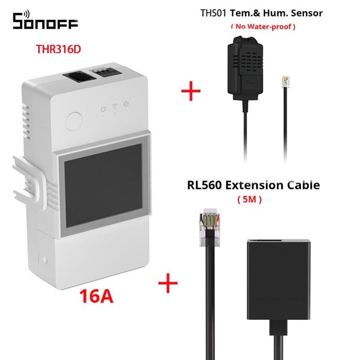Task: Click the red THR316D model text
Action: [x=59, y=49]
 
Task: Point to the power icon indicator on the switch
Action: [x=103, y=109]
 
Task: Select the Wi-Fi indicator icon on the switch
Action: [x=115, y=109]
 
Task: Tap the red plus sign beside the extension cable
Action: [x=167, y=283]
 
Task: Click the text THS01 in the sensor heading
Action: [x=213, y=13]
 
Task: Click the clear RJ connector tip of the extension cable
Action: [x=210, y=224]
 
